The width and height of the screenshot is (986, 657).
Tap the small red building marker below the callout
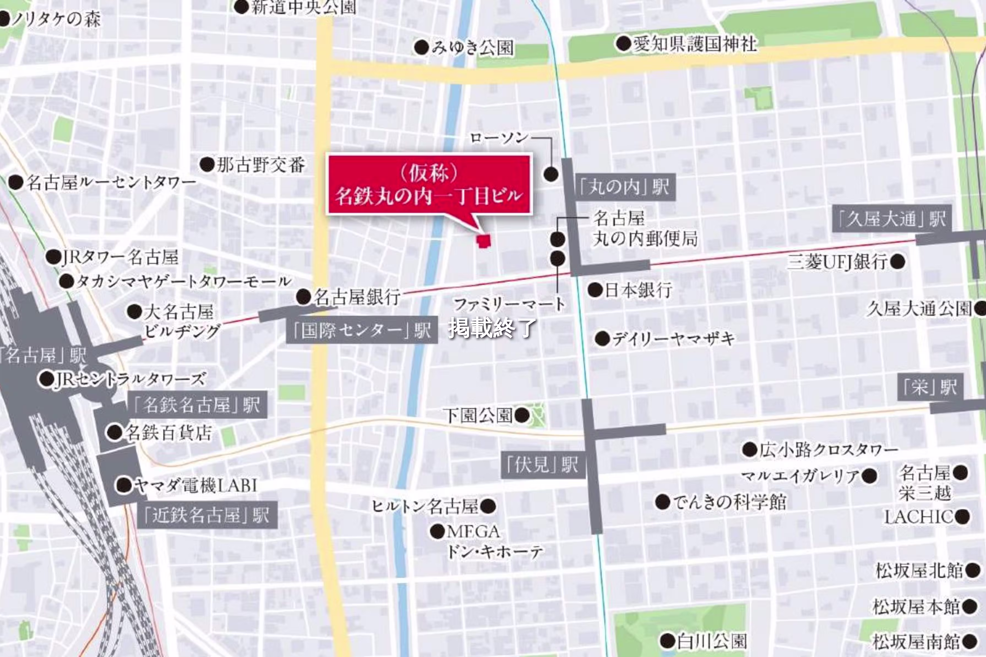click(x=484, y=241)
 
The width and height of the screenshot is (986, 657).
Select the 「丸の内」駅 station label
click(x=624, y=187)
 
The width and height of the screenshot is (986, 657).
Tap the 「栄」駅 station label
click(x=930, y=387)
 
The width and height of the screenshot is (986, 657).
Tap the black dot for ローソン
click(x=551, y=174)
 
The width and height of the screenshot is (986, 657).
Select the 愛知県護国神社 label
click(x=695, y=43)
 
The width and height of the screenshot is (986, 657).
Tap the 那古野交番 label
click(x=260, y=165)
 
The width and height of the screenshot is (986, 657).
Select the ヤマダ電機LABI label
click(x=196, y=486)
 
